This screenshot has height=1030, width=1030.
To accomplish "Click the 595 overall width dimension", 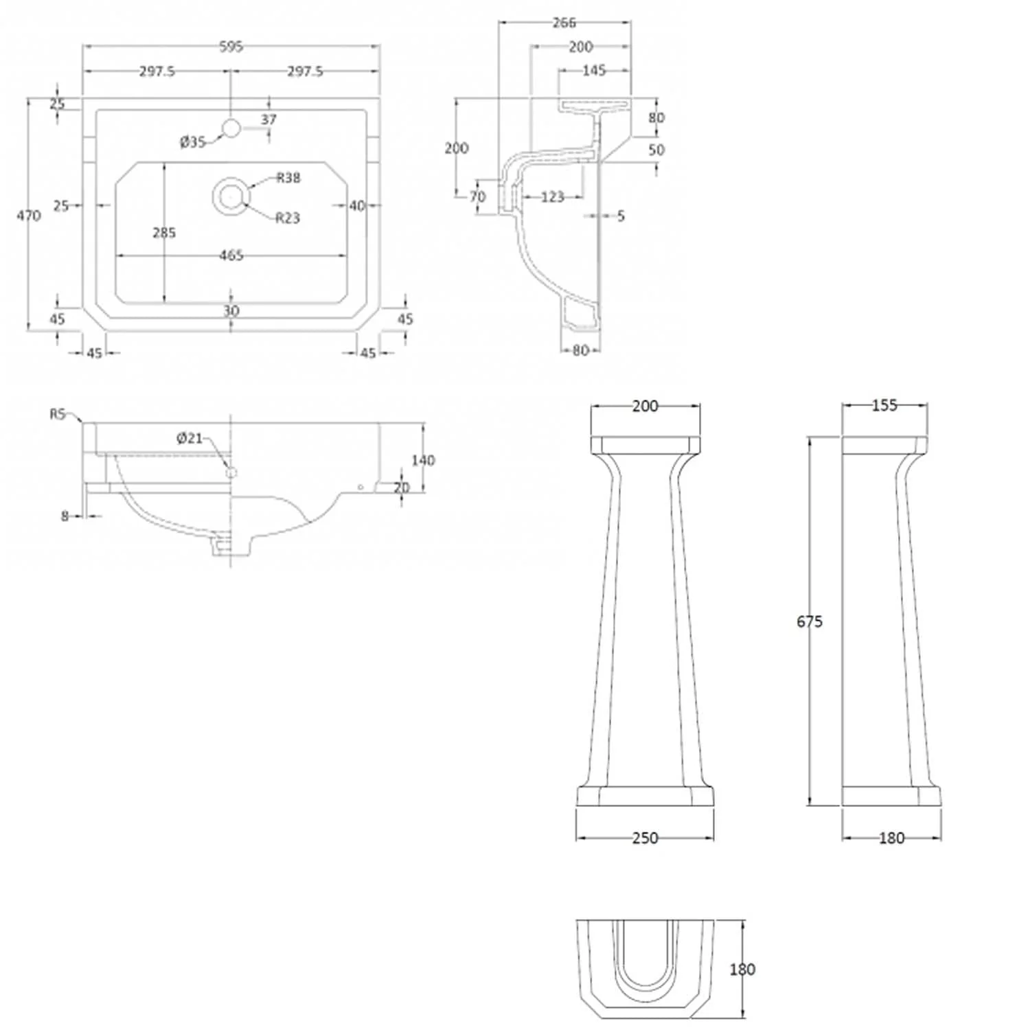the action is (x=231, y=47).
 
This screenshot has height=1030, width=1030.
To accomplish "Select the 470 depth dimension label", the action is (x=29, y=216).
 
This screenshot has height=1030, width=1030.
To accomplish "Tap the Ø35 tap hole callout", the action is (x=193, y=142).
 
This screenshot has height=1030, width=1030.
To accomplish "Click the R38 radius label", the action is (x=288, y=178).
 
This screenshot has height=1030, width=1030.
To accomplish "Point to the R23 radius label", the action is (x=288, y=218).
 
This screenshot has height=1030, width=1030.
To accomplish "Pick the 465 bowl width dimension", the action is (x=231, y=255).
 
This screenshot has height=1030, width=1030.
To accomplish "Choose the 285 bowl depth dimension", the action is (x=164, y=233).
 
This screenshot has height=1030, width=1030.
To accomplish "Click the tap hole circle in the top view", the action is (x=231, y=127).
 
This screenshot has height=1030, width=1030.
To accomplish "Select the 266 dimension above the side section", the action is (x=564, y=23).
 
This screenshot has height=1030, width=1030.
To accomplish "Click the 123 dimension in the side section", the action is (x=552, y=198).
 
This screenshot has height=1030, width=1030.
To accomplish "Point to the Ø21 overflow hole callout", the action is (x=190, y=438).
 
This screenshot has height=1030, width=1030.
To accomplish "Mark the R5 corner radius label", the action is (x=58, y=414).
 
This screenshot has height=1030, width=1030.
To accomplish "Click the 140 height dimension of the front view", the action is (x=423, y=460).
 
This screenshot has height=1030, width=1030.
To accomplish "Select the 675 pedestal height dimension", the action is (x=810, y=621).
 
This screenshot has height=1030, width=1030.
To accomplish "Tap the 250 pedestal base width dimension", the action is (x=645, y=838).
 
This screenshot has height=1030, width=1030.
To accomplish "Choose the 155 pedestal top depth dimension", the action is (x=884, y=406).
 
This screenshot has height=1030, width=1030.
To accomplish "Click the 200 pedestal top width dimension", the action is (x=645, y=407).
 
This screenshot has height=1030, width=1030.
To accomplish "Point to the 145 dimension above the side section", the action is (x=594, y=71).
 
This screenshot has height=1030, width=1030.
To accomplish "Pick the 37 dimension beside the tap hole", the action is (x=268, y=119).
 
